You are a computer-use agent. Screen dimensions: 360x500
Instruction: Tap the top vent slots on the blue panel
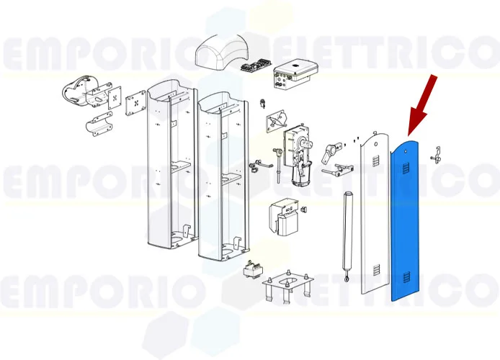406,168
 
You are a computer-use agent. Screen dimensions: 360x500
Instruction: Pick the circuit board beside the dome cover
254,66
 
